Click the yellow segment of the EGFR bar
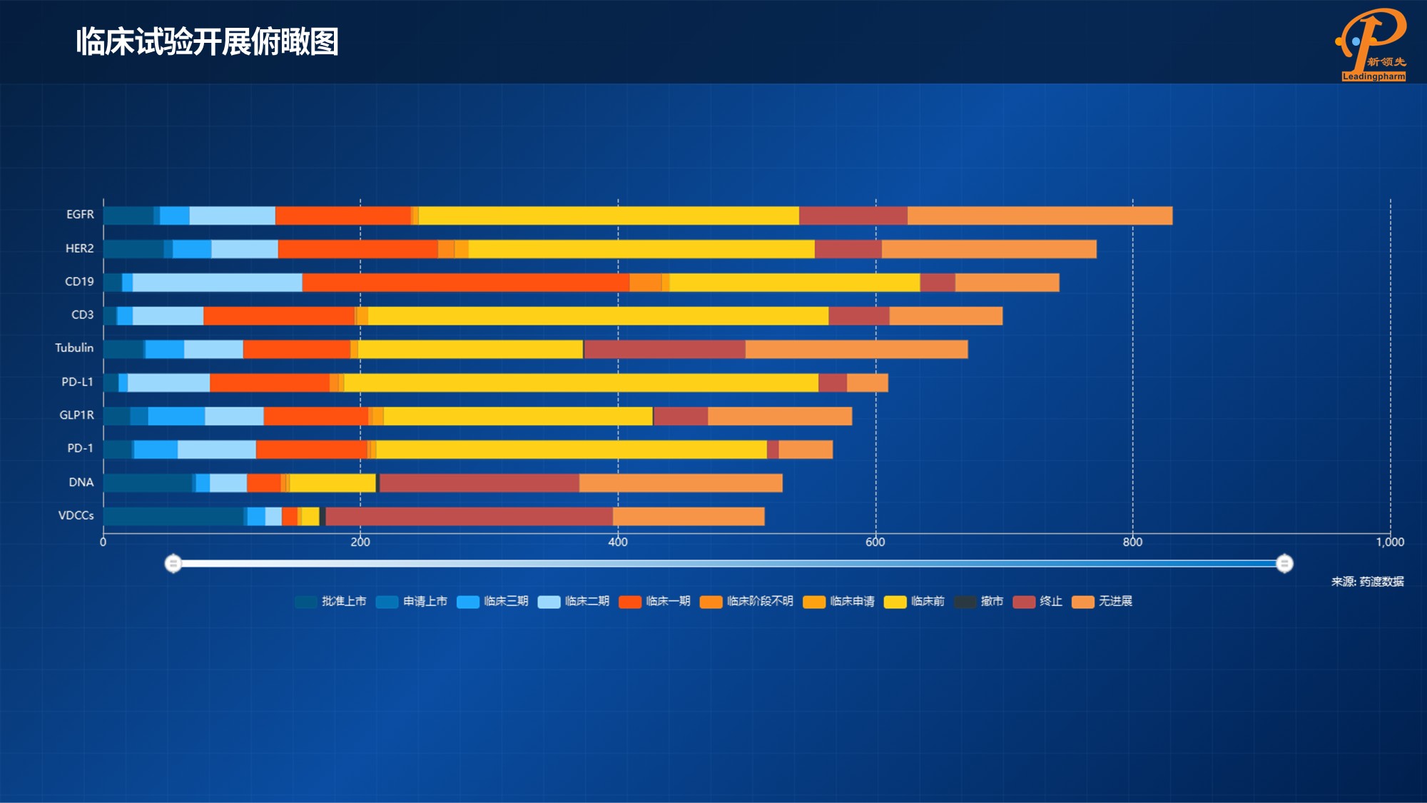(x=608, y=216)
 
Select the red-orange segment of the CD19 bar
(x=465, y=283)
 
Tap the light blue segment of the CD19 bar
(x=217, y=283)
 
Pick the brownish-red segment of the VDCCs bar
(x=469, y=516)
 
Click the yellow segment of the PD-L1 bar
(x=581, y=383)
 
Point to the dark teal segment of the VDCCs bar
(x=173, y=516)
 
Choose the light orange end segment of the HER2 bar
(x=989, y=249)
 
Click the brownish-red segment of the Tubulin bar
(x=664, y=349)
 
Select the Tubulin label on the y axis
(x=74, y=348)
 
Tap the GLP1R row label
(x=76, y=415)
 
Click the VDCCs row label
(x=76, y=515)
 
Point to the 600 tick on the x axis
(x=875, y=542)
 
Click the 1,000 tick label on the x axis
(x=1389, y=542)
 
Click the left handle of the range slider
(x=173, y=564)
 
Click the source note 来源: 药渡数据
(x=1367, y=582)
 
